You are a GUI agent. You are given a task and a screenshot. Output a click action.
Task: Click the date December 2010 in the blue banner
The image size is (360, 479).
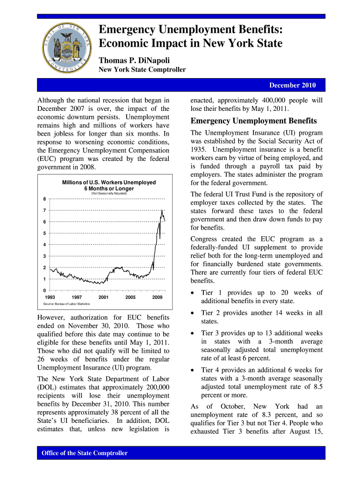(x=292, y=85)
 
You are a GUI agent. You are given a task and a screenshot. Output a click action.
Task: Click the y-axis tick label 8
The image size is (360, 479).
(x=44, y=199)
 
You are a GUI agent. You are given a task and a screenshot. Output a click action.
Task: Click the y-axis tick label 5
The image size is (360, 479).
(x=44, y=233)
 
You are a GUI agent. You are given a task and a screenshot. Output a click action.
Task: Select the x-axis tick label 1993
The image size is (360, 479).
(x=50, y=297)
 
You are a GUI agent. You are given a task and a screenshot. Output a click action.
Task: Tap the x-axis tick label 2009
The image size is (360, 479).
(x=157, y=297)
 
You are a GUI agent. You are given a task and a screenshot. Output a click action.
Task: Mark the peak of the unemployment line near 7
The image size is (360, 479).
(x=162, y=210)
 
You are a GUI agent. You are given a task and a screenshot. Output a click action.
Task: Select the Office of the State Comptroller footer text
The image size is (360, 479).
(x=85, y=453)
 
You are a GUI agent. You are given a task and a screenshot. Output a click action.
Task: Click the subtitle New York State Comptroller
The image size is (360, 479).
(x=142, y=70)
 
